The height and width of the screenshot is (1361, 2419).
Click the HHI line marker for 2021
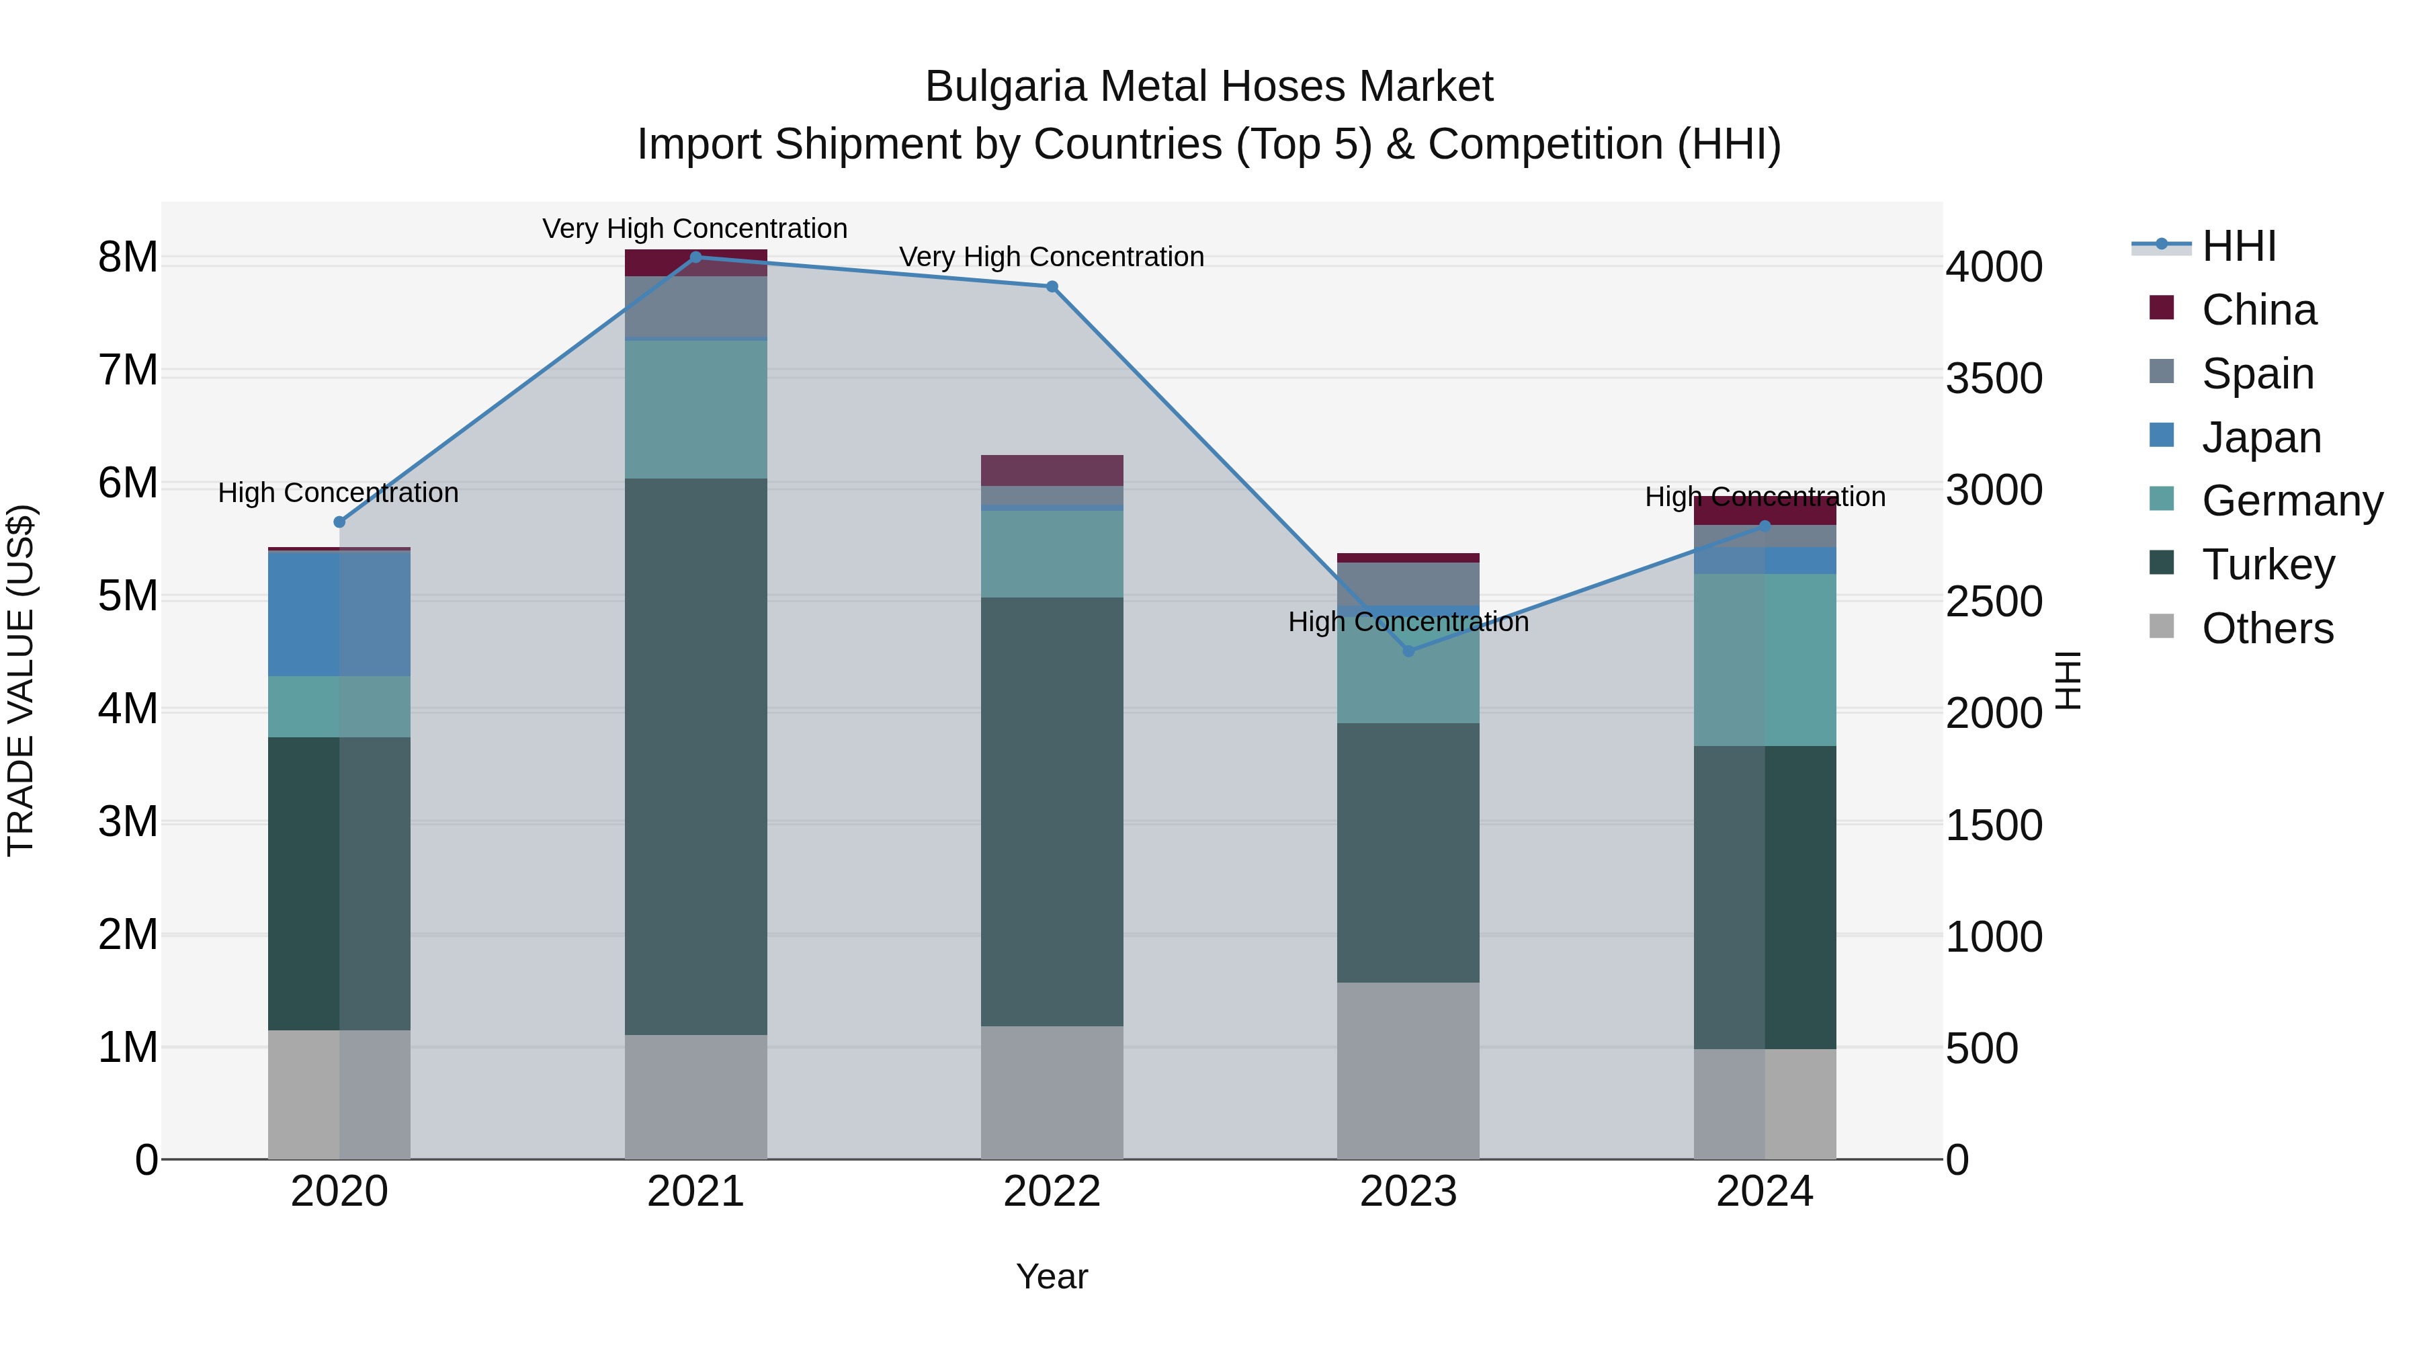click(696, 257)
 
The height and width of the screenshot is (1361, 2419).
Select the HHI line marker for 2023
click(1408, 651)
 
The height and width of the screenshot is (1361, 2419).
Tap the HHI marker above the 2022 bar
click(1052, 286)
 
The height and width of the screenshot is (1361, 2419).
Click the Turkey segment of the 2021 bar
click(696, 756)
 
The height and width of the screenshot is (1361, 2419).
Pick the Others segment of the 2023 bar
click(1408, 1071)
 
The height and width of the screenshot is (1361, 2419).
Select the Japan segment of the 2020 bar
click(339, 614)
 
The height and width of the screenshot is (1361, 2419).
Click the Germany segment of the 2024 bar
click(1765, 659)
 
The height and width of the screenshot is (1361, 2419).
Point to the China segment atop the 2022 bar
click(1052, 470)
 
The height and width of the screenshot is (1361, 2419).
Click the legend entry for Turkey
click(2267, 565)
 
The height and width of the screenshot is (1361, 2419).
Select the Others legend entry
click(2267, 628)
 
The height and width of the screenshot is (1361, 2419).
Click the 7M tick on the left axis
click(128, 370)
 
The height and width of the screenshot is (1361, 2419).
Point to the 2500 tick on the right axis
click(1994, 602)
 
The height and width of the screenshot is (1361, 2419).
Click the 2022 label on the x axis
click(1052, 1192)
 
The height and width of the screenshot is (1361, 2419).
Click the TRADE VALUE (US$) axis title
click(21, 680)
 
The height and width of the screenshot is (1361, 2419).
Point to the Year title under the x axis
click(1052, 1276)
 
